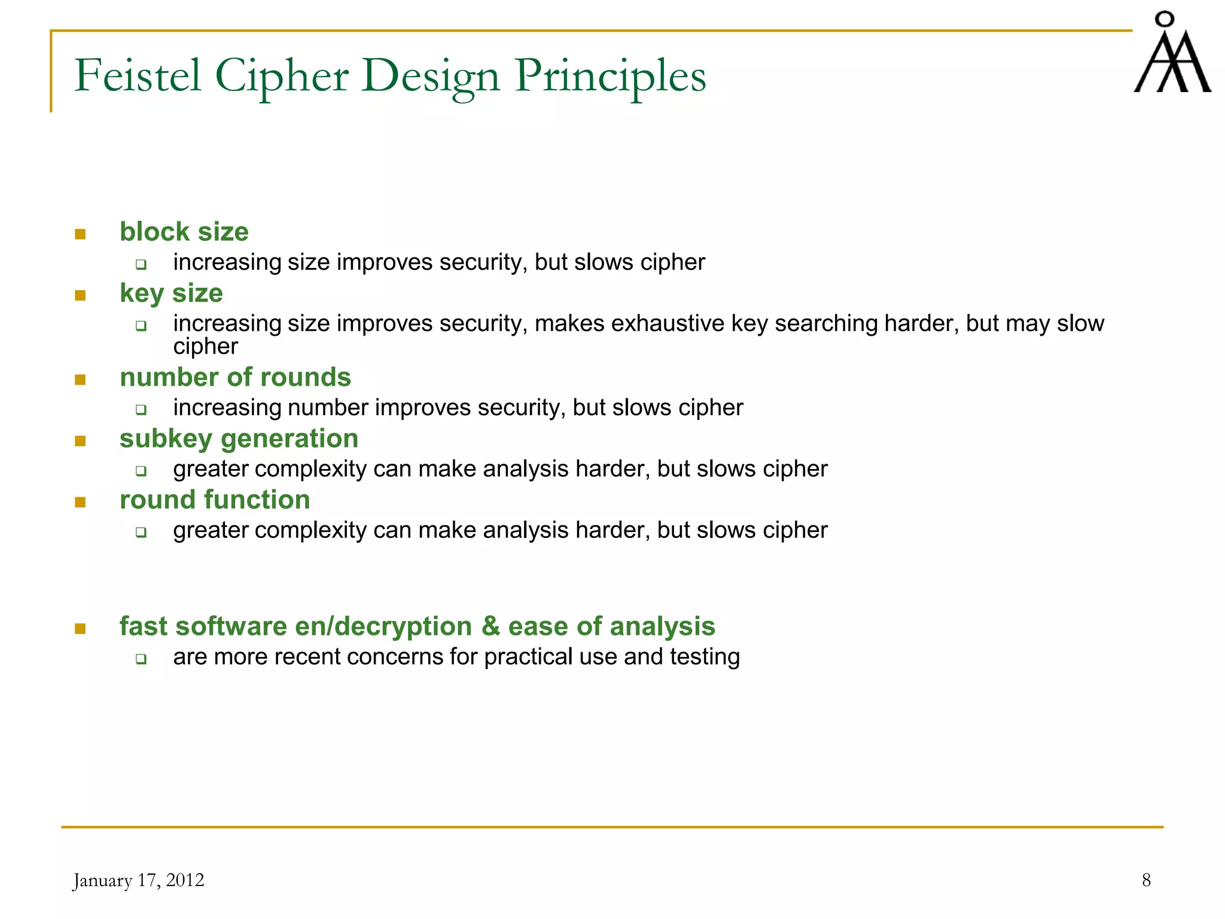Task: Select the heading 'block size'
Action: [x=184, y=232]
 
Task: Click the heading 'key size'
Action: [x=171, y=293]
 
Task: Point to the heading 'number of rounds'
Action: [x=235, y=378]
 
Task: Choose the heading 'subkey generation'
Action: [x=239, y=439]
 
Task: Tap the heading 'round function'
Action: [x=215, y=500]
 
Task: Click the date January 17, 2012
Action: [x=138, y=880]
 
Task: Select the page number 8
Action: [x=1146, y=880]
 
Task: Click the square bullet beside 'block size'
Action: [x=80, y=234]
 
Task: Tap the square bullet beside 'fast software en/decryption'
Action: [x=80, y=628]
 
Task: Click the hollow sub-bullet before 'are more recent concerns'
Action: [x=141, y=659]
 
